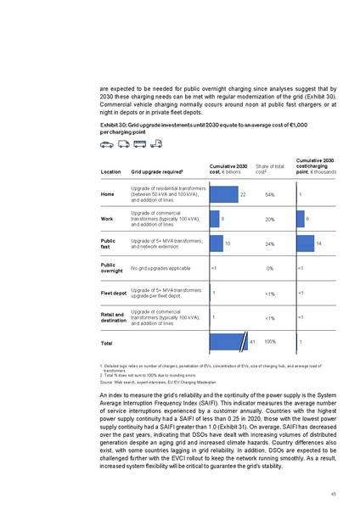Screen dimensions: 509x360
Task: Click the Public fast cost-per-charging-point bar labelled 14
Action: (x=304, y=243)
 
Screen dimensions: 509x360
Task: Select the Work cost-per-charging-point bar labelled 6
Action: (x=300, y=219)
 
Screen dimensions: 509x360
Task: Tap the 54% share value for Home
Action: (x=268, y=196)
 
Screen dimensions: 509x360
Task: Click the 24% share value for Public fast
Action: (x=268, y=244)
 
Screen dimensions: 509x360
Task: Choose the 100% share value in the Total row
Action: (x=270, y=341)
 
